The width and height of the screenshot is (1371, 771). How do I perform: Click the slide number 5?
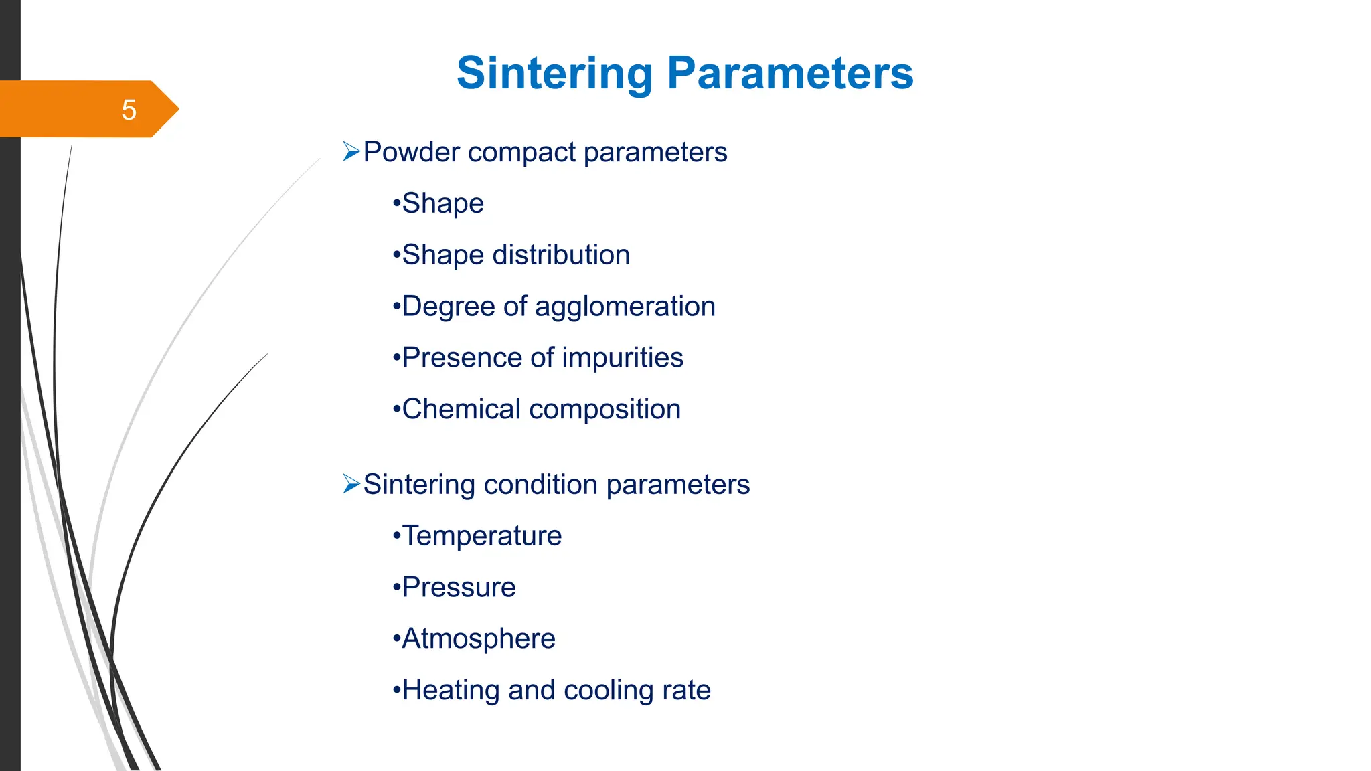[129, 110]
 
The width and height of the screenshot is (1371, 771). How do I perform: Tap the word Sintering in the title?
[554, 73]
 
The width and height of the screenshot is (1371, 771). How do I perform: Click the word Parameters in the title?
[790, 73]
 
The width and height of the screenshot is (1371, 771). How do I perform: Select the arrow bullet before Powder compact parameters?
[351, 151]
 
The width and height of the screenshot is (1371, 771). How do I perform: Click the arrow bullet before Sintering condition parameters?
[351, 483]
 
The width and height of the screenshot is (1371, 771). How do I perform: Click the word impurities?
[623, 358]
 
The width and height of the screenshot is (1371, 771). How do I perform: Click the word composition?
[604, 409]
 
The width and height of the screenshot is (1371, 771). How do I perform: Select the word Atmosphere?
[478, 639]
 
